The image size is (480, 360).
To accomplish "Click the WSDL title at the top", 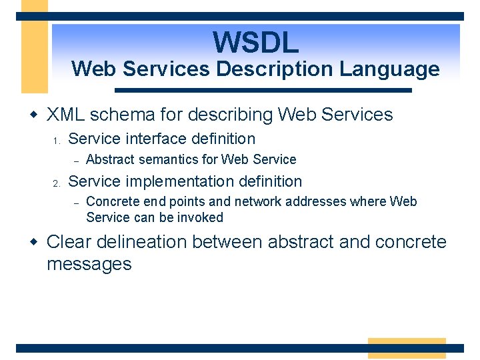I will (256, 42).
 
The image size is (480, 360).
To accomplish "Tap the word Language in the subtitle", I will (399, 69).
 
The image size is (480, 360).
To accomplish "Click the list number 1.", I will (57, 141).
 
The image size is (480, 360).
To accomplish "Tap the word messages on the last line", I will (89, 264).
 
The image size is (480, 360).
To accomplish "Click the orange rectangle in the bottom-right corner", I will (407, 348).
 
